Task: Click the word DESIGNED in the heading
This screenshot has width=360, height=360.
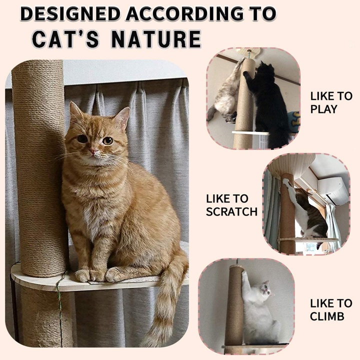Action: point(70,14)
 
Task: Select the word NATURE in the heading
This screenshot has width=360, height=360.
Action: point(156,39)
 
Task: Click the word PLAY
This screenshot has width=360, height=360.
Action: point(323,109)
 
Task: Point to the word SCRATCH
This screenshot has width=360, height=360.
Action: point(231,211)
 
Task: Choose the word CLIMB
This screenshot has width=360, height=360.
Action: point(327,316)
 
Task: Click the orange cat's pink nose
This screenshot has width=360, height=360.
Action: point(93,151)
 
